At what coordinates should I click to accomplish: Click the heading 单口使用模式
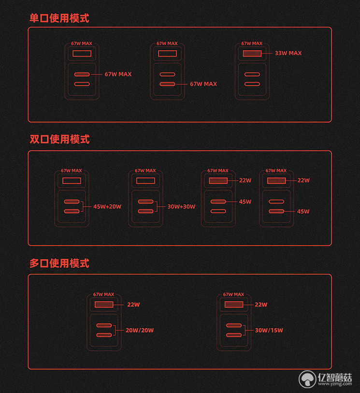59,18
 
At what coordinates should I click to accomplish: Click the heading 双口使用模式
59,139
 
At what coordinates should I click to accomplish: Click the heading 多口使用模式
59,263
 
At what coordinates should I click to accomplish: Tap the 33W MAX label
288,53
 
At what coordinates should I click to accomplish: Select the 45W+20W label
107,206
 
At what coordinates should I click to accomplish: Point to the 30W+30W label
181,206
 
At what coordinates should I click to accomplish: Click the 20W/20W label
140,330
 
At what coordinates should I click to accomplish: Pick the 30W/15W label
269,330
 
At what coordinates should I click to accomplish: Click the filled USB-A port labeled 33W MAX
252,53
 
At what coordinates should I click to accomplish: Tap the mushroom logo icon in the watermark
307,379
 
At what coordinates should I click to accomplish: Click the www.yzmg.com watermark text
335,384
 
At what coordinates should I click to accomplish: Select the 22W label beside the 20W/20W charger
133,305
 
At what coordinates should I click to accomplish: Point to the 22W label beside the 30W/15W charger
261,305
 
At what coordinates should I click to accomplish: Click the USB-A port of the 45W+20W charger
72,181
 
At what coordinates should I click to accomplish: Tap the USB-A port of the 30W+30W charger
145,181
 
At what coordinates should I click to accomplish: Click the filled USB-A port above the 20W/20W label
104,305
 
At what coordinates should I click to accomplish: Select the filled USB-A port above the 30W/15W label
234,305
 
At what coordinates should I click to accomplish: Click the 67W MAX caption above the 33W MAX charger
252,44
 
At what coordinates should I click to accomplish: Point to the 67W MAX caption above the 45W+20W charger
72,171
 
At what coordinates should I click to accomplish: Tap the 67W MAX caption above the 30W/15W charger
233,294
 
